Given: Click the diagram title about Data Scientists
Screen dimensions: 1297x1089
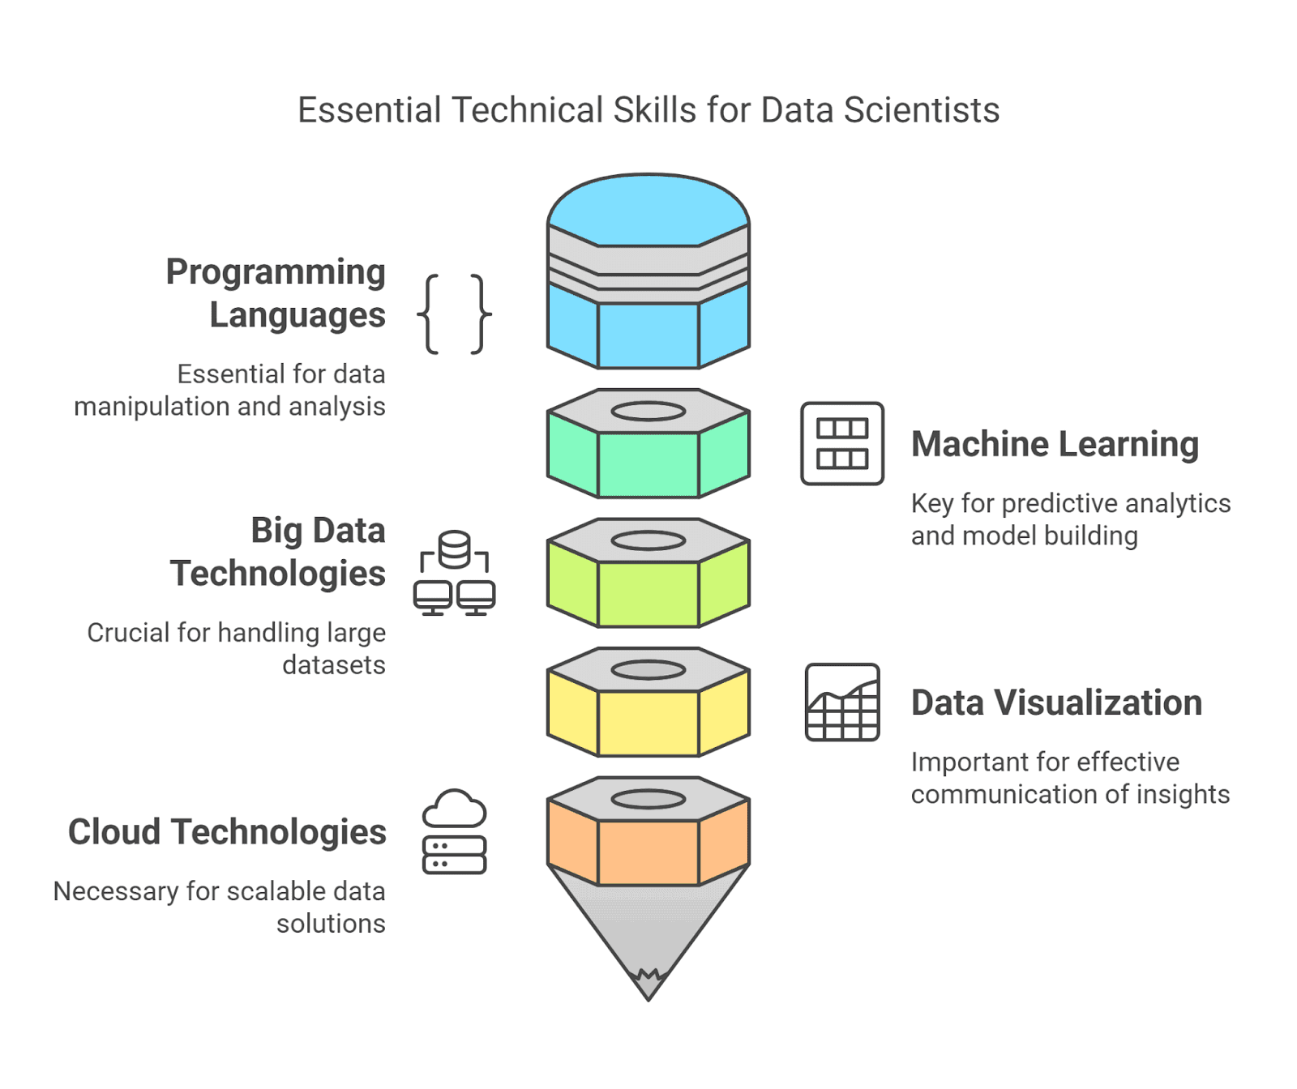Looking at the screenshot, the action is tap(648, 110).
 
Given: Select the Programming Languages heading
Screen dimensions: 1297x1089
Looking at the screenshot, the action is tap(276, 293).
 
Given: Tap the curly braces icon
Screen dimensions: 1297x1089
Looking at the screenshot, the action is tap(454, 314).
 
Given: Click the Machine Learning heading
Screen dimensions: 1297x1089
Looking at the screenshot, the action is tap(1055, 444).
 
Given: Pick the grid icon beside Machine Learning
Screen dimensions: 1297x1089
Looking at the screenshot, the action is tap(842, 443).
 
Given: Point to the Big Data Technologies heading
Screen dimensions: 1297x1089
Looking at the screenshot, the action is tap(278, 552).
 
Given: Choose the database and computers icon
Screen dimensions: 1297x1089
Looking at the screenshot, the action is tap(454, 573).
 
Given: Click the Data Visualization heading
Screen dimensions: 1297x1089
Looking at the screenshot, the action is tap(1056, 703).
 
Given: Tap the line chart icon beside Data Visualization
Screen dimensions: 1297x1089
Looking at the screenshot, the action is tap(842, 702).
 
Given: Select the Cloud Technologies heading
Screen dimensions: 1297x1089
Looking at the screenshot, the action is tap(227, 832).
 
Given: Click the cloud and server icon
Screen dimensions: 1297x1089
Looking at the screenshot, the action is tap(455, 831).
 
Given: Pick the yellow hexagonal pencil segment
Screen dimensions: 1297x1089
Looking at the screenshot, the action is tap(648, 722).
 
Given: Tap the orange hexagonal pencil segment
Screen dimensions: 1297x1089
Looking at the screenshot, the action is tap(648, 852).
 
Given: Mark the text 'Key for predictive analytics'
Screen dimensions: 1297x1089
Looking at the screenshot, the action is tap(1071, 504).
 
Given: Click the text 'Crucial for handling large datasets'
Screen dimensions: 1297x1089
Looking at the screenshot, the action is tap(236, 648).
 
